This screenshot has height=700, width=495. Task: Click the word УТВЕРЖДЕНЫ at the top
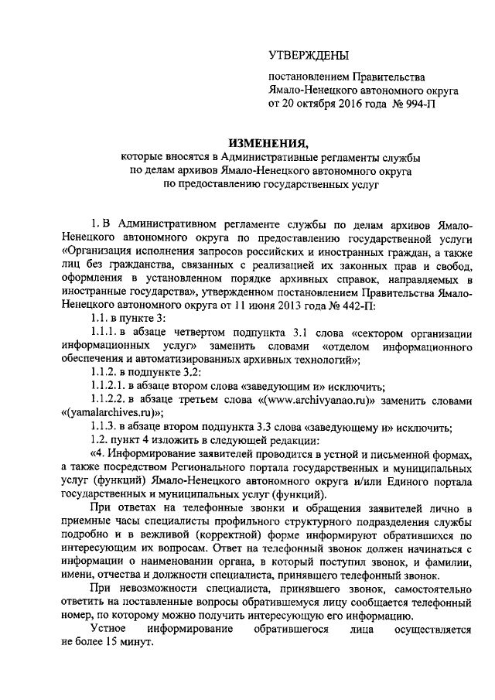308,56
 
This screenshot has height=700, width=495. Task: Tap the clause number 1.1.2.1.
108,387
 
